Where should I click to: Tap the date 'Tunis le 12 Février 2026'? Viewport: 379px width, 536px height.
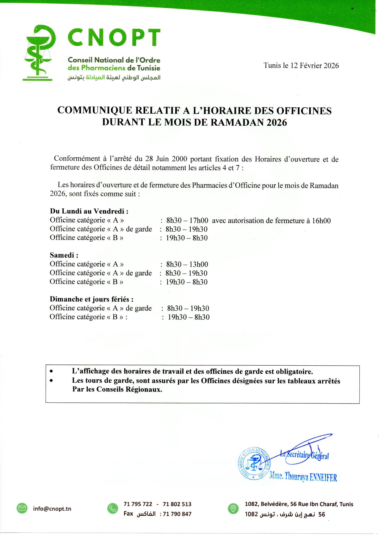pyautogui.click(x=301, y=65)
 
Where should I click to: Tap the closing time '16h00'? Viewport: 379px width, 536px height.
pyautogui.click(x=321, y=221)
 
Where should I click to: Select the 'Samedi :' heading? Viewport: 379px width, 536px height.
pyautogui.click(x=64, y=255)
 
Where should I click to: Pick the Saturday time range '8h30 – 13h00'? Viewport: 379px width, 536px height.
pyautogui.click(x=187, y=264)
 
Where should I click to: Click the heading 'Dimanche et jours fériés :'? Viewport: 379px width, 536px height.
pyautogui.click(x=92, y=299)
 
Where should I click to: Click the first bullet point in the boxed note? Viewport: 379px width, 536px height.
pyautogui.click(x=52, y=371)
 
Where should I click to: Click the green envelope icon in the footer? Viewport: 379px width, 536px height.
pyautogui.click(x=22, y=509)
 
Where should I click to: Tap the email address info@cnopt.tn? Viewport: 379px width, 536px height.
pyautogui.click(x=52, y=509)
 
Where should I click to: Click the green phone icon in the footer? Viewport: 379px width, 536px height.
pyautogui.click(x=113, y=509)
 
